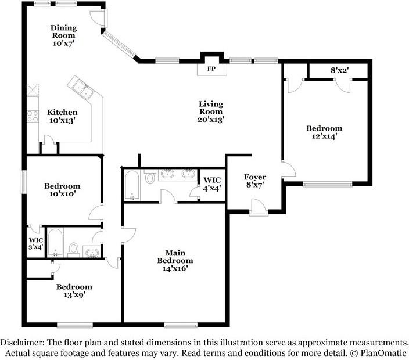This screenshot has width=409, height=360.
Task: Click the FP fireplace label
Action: pos(211,69)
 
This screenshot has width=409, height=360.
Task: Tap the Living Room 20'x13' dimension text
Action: pos(211,120)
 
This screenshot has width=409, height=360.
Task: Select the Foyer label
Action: pos(255,177)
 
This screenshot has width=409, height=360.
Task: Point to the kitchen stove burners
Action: pos(33,116)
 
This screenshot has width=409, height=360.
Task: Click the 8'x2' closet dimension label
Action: pos(340,70)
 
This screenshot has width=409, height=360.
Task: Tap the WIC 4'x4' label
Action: pos(212,184)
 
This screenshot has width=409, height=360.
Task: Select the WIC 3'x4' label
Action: pos(36,243)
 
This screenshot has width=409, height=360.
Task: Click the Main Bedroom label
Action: pos(175,257)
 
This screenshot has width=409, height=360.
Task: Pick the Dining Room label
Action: pos(64,31)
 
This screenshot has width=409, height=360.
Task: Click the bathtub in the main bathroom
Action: pos(132,185)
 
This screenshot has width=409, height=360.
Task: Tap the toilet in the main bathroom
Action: pos(150,177)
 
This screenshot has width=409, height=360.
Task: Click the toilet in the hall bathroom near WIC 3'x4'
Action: pos(74,249)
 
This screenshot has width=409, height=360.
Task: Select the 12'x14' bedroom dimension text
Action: pos(325,136)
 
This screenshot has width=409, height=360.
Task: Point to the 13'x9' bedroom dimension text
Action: pos(74,294)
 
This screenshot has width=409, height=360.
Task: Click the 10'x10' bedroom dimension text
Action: pos(62,194)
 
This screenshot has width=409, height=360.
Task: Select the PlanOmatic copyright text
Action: pos(378,353)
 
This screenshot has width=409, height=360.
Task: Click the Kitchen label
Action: pos(62,112)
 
